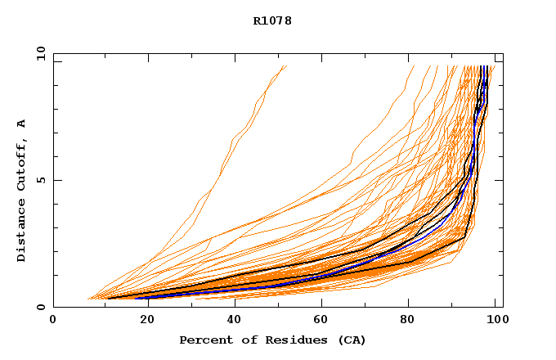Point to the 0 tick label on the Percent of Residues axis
53,320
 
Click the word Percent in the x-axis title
203,340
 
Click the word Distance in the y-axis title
21,234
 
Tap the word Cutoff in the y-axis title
21,168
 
